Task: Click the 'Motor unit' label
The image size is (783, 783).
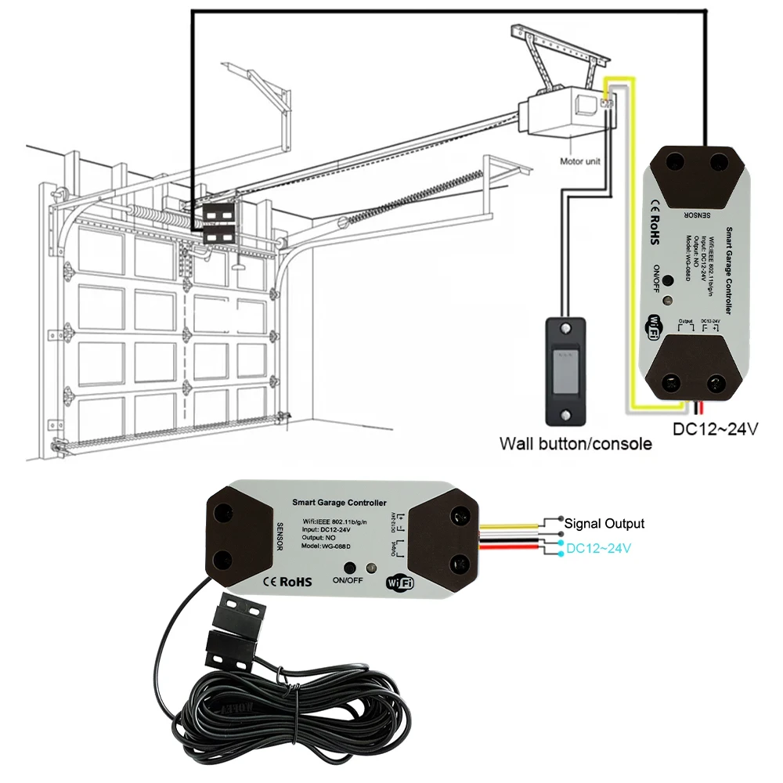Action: (x=580, y=162)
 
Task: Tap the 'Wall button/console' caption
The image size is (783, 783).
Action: (x=576, y=444)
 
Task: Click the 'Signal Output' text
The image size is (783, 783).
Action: (x=604, y=524)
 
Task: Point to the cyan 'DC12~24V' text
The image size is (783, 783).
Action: (x=599, y=549)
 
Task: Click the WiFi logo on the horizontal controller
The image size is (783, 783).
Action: (x=399, y=583)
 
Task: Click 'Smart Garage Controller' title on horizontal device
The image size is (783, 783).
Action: (x=339, y=502)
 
